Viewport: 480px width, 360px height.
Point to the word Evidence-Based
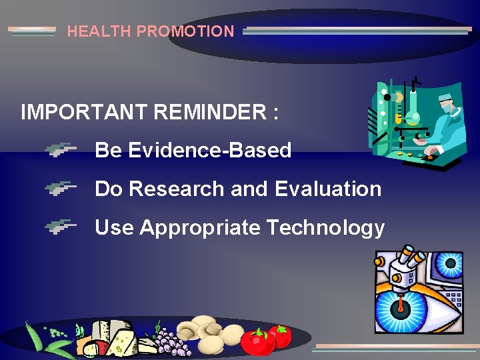tap(209, 151)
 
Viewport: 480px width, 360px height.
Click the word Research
tap(177, 189)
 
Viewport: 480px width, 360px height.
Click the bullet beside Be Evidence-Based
tap(61, 151)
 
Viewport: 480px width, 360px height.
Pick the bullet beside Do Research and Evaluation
tap(61, 189)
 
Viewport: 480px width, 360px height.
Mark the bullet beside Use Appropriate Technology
tap(61, 228)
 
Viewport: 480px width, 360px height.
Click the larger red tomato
tap(257, 342)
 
